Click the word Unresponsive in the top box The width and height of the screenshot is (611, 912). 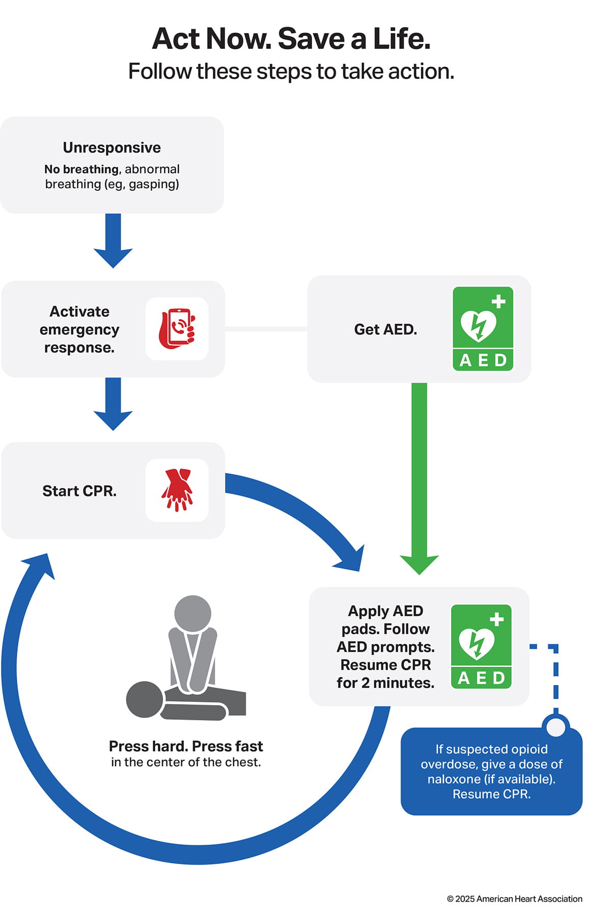tap(112, 147)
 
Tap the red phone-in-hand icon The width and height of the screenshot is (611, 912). tap(177, 329)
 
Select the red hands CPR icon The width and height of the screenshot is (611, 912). tap(177, 490)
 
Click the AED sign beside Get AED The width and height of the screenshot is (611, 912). tap(483, 329)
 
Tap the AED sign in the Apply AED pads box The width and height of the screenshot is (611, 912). tap(481, 646)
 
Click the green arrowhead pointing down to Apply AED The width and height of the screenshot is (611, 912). tap(419, 563)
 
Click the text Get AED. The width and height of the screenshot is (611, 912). tap(385, 329)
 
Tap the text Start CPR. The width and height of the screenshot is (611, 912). tap(79, 491)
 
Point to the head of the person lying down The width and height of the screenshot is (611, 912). tap(145, 699)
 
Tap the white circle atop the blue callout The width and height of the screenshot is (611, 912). tap(556, 726)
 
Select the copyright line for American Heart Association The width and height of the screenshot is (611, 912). tap(514, 899)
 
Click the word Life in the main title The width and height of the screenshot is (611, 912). tap(401, 39)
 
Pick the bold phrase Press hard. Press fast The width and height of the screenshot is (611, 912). tap(186, 746)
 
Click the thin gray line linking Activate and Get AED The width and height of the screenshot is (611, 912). tap(266, 329)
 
